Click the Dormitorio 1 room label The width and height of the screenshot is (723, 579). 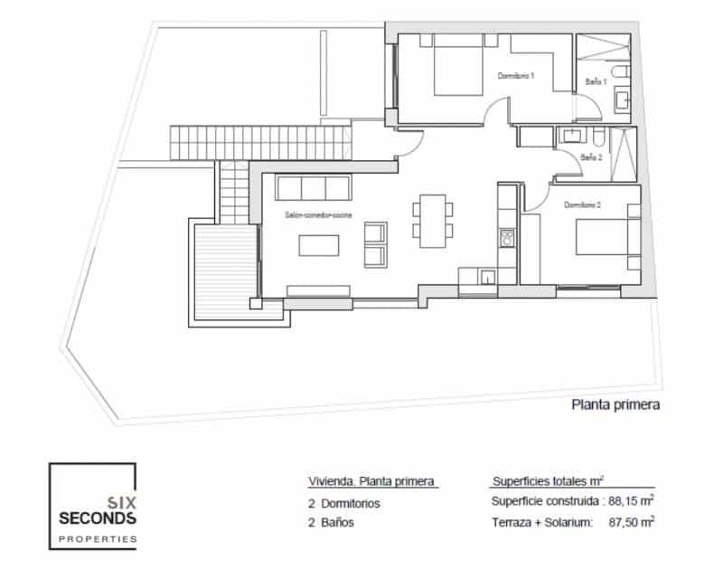click(517, 76)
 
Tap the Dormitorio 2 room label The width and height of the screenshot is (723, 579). click(583, 205)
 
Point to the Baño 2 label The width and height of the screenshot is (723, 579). click(590, 157)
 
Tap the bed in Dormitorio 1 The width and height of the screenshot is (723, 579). click(459, 71)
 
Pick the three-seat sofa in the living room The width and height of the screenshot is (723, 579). click(313, 188)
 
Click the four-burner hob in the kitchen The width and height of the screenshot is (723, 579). click(507, 239)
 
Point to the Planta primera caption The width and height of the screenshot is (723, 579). click(615, 405)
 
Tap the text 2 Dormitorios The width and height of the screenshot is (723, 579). click(344, 503)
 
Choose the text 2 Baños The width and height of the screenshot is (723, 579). click(331, 522)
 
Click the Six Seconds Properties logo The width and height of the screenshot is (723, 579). click(93, 507)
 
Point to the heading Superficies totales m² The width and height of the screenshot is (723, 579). click(549, 481)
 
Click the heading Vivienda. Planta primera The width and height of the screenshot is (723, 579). click(371, 481)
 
